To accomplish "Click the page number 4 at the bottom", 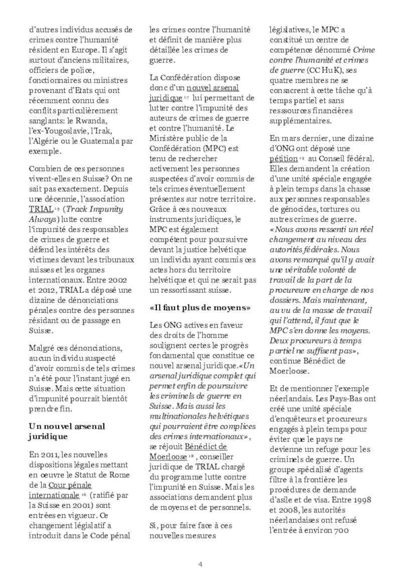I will pyautogui.click(x=200, y=549).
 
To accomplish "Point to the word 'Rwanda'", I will pyautogui.click(x=106, y=121).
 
